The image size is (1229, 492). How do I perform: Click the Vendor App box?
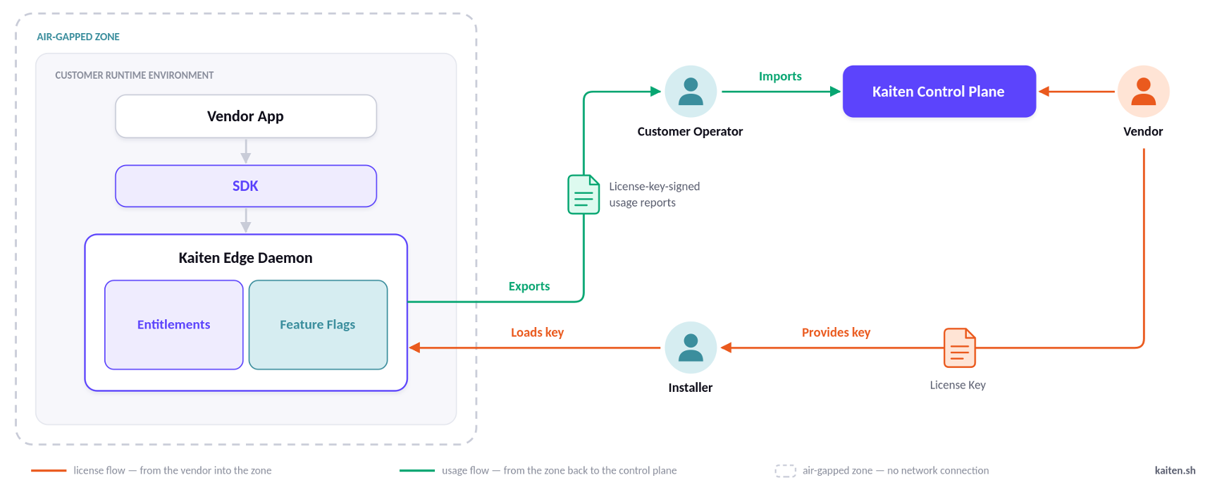pyautogui.click(x=246, y=116)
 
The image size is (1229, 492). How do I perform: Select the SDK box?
pyautogui.click(x=246, y=186)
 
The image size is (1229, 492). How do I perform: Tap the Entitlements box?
pyautogui.click(x=174, y=325)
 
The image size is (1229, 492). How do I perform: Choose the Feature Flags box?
pyautogui.click(x=318, y=325)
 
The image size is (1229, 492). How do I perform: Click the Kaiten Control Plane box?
pyautogui.click(x=939, y=92)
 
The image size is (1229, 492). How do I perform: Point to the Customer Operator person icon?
pyautogui.click(x=691, y=92)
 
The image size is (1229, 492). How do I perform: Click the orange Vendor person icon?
pyautogui.click(x=1143, y=92)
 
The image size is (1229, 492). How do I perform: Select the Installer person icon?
pyautogui.click(x=691, y=348)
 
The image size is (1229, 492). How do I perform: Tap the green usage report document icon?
pyautogui.click(x=583, y=195)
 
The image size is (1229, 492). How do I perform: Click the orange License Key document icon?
pyautogui.click(x=960, y=348)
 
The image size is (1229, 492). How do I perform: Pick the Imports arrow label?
pyautogui.click(x=780, y=76)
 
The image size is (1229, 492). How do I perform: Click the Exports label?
pyautogui.click(x=529, y=286)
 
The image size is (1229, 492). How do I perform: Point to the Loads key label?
pyautogui.click(x=537, y=332)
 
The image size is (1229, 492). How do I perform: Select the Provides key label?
pyautogui.click(x=836, y=332)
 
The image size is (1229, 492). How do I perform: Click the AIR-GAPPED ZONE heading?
pyautogui.click(x=78, y=37)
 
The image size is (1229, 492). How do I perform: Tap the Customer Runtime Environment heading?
pyautogui.click(x=135, y=75)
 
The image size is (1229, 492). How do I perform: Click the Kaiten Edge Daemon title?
pyautogui.click(x=245, y=258)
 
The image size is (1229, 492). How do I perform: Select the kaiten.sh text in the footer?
pyautogui.click(x=1175, y=470)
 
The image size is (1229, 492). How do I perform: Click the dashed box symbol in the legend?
pyautogui.click(x=785, y=471)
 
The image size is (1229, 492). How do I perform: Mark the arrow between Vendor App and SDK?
pyautogui.click(x=246, y=151)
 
